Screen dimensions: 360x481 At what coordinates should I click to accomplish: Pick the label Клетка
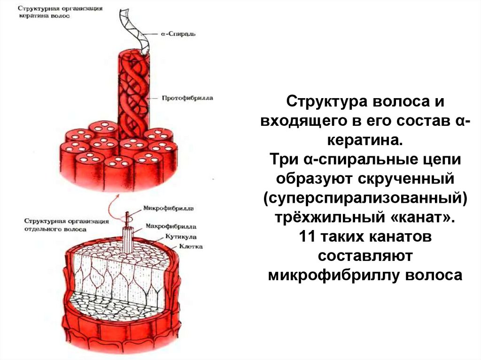[x=190, y=246]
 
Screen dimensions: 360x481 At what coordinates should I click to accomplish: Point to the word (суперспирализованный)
[x=365, y=199]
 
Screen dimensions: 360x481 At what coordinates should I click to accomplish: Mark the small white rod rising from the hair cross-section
[x=127, y=237]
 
